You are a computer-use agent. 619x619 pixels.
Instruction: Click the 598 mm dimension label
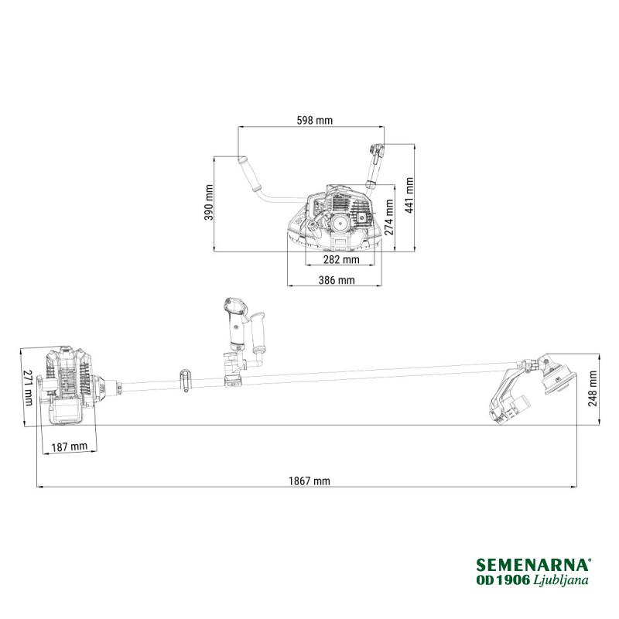click(315, 120)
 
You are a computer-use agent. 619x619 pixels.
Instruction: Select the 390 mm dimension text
click(209, 203)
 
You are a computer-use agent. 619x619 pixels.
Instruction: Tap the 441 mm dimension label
click(409, 196)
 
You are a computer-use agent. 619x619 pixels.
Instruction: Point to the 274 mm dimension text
click(389, 217)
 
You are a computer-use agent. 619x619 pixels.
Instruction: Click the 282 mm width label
click(341, 259)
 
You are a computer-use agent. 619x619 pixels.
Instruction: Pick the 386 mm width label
click(337, 280)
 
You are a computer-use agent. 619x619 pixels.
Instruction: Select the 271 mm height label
click(28, 388)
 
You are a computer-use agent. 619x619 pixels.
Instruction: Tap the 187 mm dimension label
click(70, 447)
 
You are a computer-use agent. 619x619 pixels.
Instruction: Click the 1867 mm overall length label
click(309, 480)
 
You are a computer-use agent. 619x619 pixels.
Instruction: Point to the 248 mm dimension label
click(593, 388)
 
